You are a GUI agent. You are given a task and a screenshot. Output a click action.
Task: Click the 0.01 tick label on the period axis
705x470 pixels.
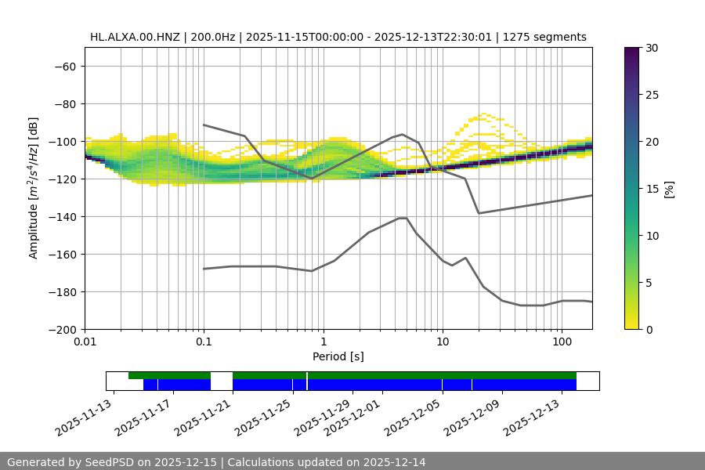[x=85, y=342]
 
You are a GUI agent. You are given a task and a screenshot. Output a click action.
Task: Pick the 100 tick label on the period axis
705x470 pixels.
[x=562, y=342]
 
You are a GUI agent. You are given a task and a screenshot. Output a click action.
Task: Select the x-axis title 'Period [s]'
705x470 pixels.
[x=338, y=356]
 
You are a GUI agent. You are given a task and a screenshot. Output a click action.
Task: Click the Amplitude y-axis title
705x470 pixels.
[x=34, y=188]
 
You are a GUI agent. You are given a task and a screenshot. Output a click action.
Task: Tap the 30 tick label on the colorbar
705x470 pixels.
[x=652, y=48]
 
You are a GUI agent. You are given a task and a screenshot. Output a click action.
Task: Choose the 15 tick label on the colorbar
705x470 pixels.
[x=652, y=189]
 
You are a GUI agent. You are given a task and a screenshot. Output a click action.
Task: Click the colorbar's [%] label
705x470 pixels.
[x=669, y=189]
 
